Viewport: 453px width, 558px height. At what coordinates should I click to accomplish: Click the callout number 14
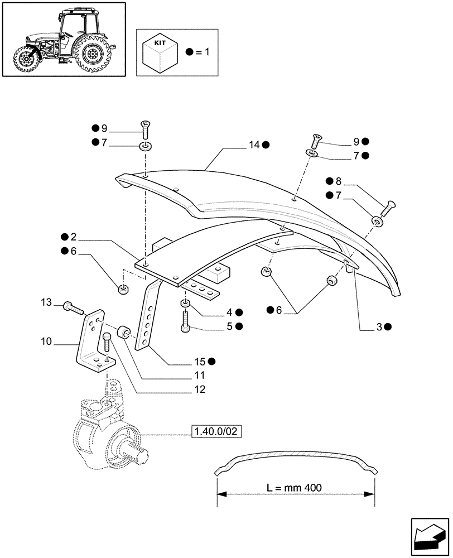point(254,145)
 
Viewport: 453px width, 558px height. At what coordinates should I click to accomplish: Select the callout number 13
point(46,302)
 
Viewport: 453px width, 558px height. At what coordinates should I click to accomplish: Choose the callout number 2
point(73,237)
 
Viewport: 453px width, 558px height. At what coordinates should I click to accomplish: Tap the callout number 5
point(229,326)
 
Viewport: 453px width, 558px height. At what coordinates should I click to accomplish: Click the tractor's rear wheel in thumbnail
point(91,55)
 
